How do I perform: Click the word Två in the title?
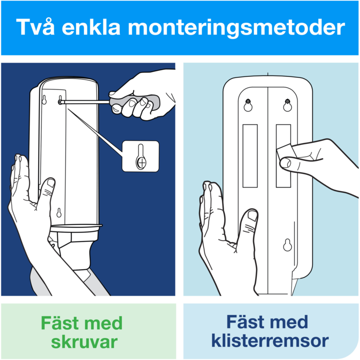click(x=35, y=27)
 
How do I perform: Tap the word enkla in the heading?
click(x=91, y=27)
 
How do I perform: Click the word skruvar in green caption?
click(x=84, y=342)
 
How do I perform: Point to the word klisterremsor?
click(x=270, y=340)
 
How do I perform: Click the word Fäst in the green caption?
click(x=61, y=322)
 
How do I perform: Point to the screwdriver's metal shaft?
click(x=85, y=102)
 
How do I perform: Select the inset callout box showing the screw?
click(x=140, y=156)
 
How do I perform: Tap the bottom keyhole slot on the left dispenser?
click(x=59, y=212)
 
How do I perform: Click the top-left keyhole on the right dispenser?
click(x=248, y=105)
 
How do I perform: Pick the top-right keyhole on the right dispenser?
click(x=287, y=105)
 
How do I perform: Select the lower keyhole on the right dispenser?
click(x=287, y=244)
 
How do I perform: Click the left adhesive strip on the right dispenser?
click(x=250, y=156)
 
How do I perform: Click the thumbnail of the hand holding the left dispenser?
click(x=50, y=183)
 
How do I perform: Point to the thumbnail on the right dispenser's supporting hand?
click(x=252, y=215)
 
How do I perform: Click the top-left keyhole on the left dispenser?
click(x=44, y=100)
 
